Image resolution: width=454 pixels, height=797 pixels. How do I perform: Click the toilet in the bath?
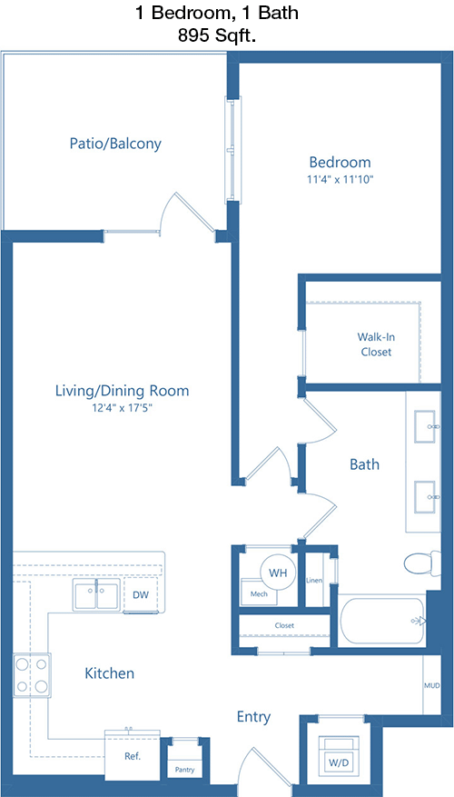pos(422,563)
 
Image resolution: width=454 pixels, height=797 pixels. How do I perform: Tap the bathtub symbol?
pos(382,621)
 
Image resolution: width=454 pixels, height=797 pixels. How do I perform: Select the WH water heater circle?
pos(278,573)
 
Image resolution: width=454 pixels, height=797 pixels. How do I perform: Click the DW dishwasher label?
pos(141,594)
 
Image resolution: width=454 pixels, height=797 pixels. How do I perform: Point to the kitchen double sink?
pos(96,594)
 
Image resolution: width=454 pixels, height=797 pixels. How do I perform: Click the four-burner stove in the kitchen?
pos(32,675)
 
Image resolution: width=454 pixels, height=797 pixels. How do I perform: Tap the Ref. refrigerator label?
pos(133,756)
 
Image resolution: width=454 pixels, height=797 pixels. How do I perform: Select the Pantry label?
pos(185,770)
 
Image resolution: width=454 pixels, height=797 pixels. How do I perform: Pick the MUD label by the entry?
pos(432,685)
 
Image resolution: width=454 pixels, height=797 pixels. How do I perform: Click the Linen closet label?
pos(314,581)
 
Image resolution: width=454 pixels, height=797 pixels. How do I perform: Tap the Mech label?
pos(259,593)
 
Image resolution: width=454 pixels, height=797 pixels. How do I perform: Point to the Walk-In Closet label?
pos(376,344)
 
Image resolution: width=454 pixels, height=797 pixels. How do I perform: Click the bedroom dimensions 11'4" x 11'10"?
pos(340,179)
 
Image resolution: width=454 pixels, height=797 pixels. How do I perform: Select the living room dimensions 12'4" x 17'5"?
pos(122,407)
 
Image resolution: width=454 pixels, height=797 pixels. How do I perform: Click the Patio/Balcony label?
pos(115,144)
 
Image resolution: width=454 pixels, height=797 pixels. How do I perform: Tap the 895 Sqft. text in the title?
pos(216,35)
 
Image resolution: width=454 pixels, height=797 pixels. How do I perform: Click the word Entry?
pos(254,717)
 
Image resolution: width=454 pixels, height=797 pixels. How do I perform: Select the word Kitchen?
pos(109,673)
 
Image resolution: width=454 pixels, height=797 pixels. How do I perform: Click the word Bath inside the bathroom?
pos(365,464)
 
